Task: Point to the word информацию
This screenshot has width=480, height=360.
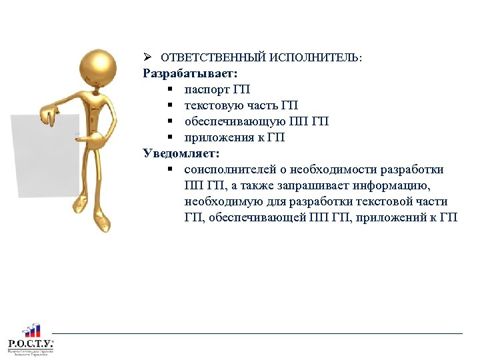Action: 397,186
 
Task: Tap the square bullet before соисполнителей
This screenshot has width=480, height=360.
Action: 171,170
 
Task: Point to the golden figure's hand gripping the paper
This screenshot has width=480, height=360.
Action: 50,117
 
